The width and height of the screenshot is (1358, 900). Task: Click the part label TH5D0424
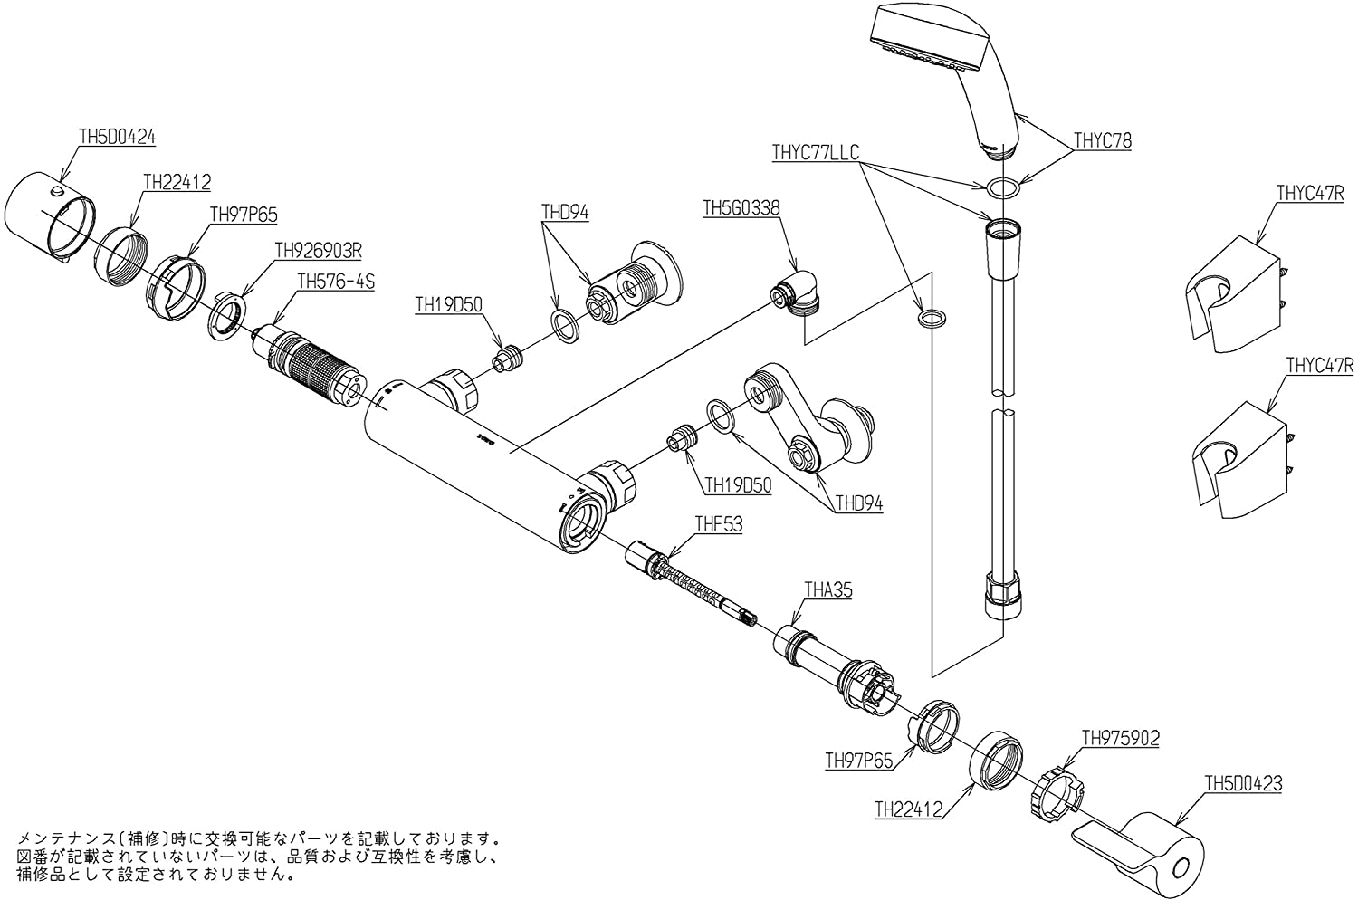(x=118, y=138)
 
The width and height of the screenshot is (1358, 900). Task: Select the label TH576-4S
(x=336, y=282)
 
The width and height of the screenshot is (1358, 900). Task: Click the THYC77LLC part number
(x=816, y=152)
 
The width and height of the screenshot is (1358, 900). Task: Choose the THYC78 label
(x=1102, y=141)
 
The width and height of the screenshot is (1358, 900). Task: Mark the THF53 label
(x=718, y=524)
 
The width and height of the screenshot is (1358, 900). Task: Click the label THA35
(x=828, y=590)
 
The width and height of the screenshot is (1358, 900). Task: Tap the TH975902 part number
(x=1120, y=738)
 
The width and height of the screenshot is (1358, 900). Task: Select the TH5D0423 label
(x=1242, y=784)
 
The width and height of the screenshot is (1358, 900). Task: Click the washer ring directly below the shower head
(x=1001, y=188)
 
